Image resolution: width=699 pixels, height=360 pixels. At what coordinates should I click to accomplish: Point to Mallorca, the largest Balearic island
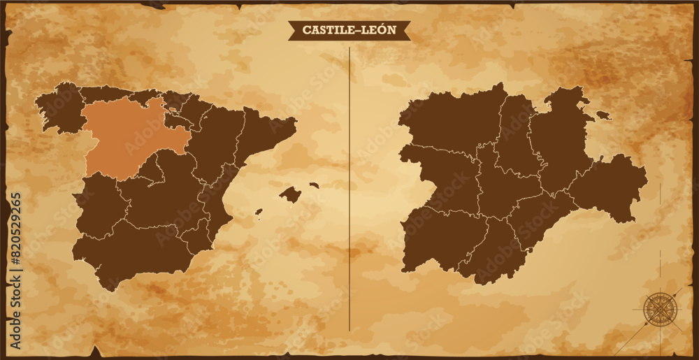(x=290, y=194)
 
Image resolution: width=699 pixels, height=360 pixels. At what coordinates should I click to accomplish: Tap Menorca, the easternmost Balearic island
(x=314, y=186)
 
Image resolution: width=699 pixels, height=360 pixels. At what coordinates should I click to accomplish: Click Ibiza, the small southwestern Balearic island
(x=259, y=211)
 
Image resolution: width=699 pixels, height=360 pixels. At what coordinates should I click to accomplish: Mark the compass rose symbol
(x=657, y=308)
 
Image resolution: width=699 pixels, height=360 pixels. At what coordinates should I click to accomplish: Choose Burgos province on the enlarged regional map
(x=559, y=140)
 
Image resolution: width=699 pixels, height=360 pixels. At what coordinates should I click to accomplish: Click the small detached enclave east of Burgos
(x=603, y=115)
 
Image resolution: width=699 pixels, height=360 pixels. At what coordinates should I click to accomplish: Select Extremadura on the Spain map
(x=101, y=206)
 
